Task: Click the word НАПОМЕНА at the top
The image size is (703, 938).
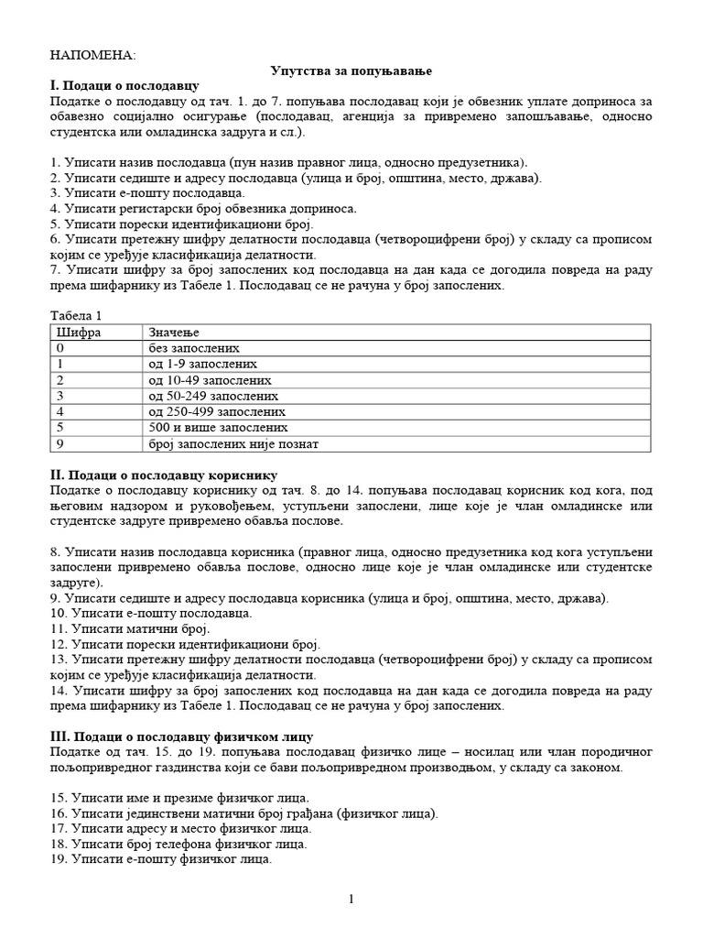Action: point(92,55)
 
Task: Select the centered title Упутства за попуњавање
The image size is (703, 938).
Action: point(351,71)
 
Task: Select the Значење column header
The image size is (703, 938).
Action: point(173,332)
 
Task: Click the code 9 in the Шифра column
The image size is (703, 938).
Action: point(60,444)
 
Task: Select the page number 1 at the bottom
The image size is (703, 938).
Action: point(351,900)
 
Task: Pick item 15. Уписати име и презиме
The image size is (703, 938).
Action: point(179,798)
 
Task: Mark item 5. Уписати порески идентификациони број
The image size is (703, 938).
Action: point(181,224)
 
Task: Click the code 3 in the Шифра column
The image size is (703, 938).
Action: point(60,396)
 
